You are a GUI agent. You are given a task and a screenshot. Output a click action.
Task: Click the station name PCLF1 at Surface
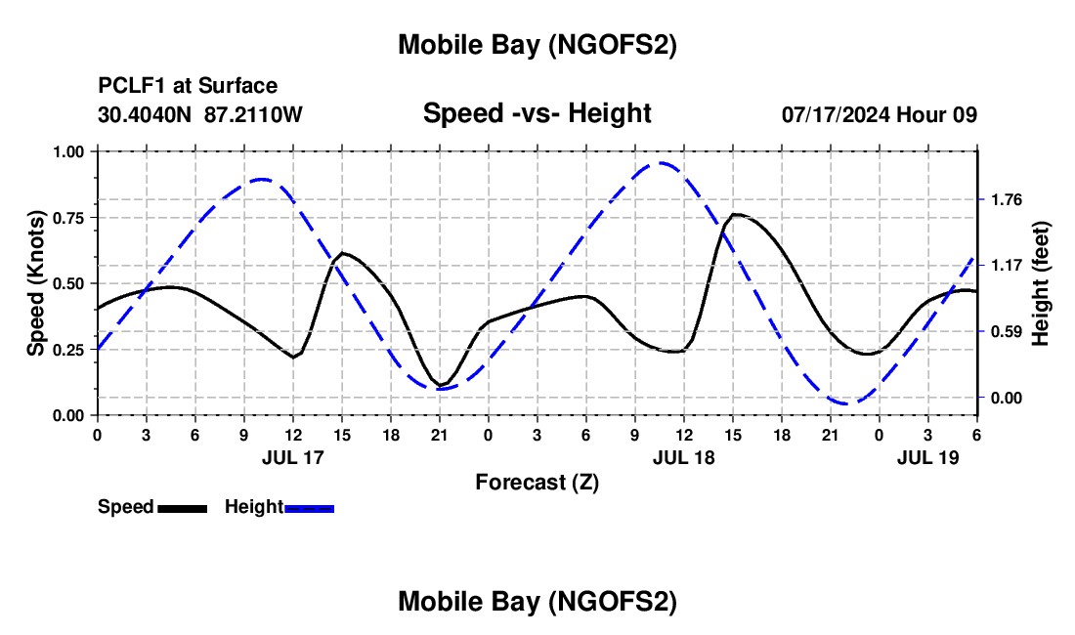point(188,87)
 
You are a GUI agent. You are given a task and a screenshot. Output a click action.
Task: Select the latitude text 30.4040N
point(146,114)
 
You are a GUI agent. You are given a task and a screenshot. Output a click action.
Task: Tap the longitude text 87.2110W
point(254,114)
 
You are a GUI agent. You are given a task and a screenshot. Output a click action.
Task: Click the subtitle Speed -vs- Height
point(537,113)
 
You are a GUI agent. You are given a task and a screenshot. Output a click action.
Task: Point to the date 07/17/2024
point(836,114)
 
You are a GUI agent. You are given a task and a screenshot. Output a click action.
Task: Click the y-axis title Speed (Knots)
point(36,283)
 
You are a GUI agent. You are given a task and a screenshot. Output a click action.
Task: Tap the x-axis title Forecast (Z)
point(537,482)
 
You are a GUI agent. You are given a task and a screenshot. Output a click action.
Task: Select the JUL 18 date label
point(684,456)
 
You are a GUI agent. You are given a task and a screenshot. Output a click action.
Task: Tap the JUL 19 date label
point(928,456)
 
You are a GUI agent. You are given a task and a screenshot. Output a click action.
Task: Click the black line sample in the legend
point(182,508)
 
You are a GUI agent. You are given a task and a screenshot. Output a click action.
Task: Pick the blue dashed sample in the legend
point(309,508)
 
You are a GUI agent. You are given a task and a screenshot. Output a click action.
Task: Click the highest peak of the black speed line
point(735,214)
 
